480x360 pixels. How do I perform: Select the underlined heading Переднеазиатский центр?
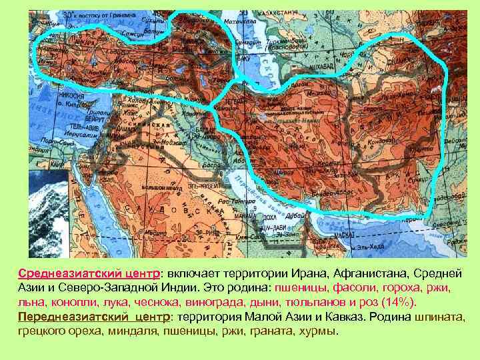[x=93, y=316]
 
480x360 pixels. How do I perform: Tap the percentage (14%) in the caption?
[x=399, y=302]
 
